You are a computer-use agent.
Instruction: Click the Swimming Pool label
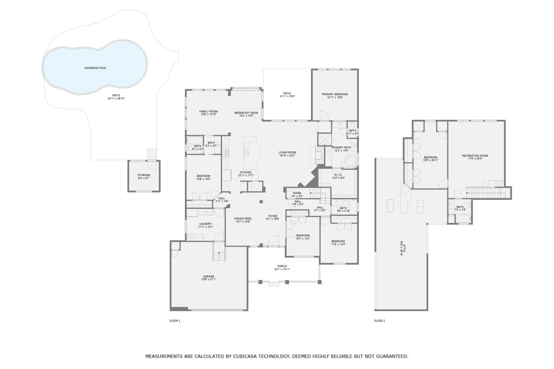[95, 68]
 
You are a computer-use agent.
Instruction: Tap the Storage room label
[144, 175]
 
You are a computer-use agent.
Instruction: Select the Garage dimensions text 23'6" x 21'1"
[209, 279]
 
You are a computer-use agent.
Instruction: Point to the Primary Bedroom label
[335, 94]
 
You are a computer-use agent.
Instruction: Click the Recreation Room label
[475, 156]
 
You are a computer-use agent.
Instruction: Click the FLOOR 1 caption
[175, 321]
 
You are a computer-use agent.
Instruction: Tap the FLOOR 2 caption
[379, 321]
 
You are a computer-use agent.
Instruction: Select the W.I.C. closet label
[338, 175]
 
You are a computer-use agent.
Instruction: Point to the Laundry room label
[206, 224]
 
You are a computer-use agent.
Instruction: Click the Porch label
[282, 266]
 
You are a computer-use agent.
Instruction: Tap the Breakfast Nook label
[246, 113]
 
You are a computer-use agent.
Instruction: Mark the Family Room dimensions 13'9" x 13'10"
[209, 114]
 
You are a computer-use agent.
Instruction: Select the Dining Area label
[243, 219]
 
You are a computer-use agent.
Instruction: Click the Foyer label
[273, 216]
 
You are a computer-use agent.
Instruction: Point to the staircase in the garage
[219, 251]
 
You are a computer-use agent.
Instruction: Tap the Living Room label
[287, 153]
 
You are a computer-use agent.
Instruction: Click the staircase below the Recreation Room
[486, 193]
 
